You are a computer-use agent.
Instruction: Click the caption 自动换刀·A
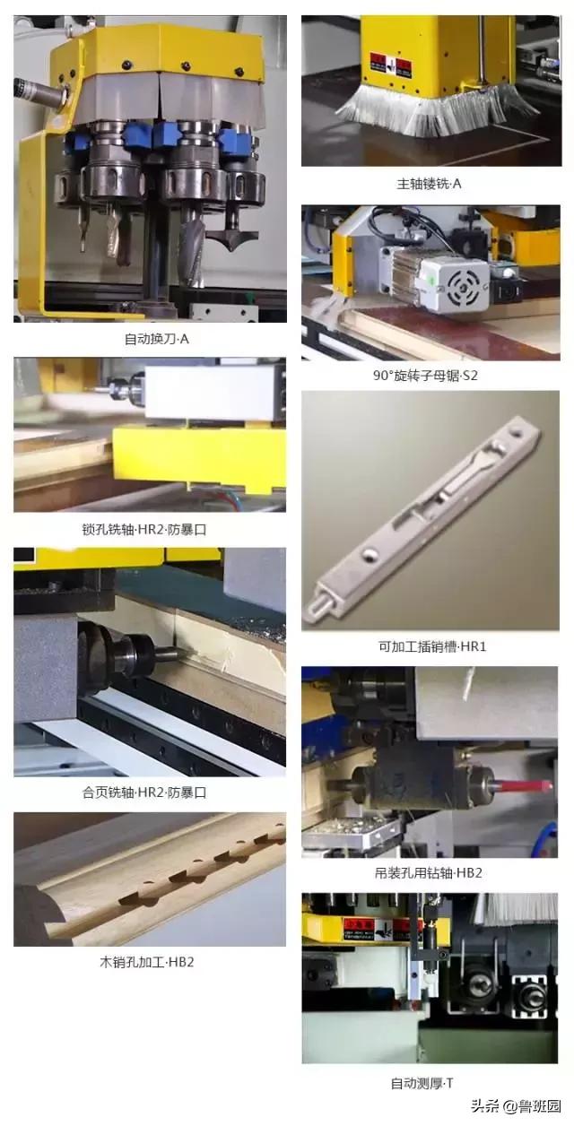click(x=156, y=339)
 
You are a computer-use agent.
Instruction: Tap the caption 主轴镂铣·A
click(x=429, y=184)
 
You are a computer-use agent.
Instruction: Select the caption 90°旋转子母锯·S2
click(x=425, y=376)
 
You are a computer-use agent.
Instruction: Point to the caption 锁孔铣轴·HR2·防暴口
click(x=144, y=529)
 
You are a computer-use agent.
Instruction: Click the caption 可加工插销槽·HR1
click(x=432, y=646)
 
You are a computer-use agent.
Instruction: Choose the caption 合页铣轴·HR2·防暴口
click(x=144, y=793)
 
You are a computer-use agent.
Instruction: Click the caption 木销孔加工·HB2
click(x=147, y=963)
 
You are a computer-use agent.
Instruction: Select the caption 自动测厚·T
click(x=422, y=1083)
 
